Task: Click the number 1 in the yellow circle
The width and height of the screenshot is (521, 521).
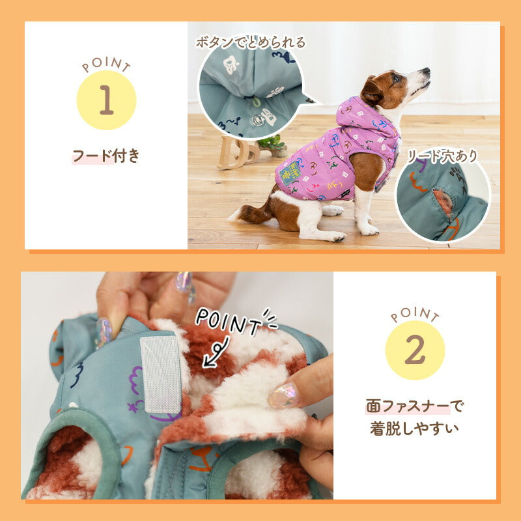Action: click(106, 100)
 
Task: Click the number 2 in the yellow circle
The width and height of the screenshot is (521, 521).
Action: click(415, 350)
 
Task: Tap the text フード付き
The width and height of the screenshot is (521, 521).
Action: click(106, 156)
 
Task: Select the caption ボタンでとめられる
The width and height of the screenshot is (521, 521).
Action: click(251, 42)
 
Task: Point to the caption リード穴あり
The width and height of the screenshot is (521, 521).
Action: click(443, 156)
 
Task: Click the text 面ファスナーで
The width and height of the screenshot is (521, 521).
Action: click(415, 406)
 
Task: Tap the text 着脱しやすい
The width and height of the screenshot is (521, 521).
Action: click(414, 429)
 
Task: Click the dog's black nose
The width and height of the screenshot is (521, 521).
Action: click(427, 70)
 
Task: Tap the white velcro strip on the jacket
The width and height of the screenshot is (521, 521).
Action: click(161, 375)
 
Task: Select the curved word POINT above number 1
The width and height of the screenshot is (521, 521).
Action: click(106, 64)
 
